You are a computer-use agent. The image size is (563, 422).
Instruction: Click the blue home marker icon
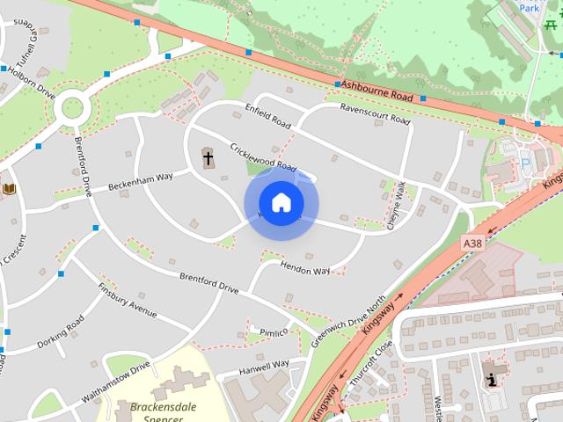click(281, 203)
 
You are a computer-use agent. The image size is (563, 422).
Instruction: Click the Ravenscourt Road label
click(375, 113)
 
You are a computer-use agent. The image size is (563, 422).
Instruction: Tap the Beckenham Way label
click(141, 183)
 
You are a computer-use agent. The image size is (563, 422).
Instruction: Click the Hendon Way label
click(305, 267)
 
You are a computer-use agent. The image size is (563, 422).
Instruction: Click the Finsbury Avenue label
click(127, 301)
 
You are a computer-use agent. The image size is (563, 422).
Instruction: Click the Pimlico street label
click(267, 331)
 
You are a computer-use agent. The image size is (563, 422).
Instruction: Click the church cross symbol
click(208, 159)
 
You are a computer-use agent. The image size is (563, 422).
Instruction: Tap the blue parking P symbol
click(526, 164)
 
